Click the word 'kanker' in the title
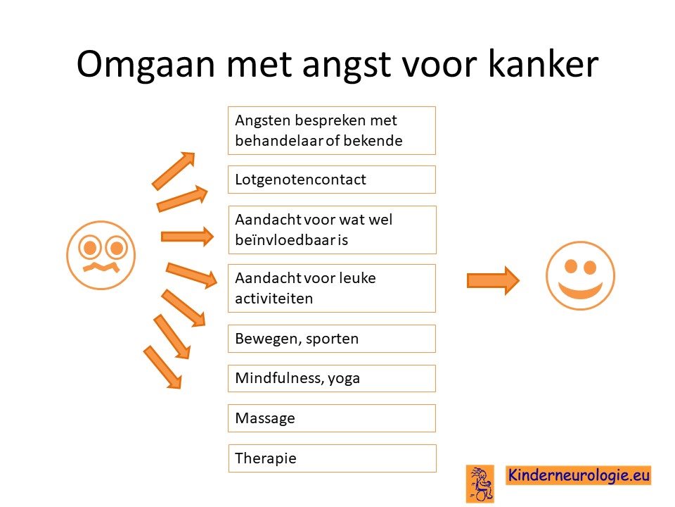coord(544,64)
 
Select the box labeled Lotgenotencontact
coord(332,180)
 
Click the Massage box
coord(332,418)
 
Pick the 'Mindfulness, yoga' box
coord(332,379)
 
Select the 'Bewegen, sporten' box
coord(332,339)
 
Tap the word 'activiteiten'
coord(274,299)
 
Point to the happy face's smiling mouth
coord(580,289)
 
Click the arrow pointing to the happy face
coord(494,281)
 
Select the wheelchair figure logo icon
coord(480,484)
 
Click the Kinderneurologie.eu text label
coord(579,475)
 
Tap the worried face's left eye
coord(90,247)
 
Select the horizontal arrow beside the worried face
coord(187,237)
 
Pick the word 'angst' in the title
coord(347,65)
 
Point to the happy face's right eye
coord(590,268)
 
